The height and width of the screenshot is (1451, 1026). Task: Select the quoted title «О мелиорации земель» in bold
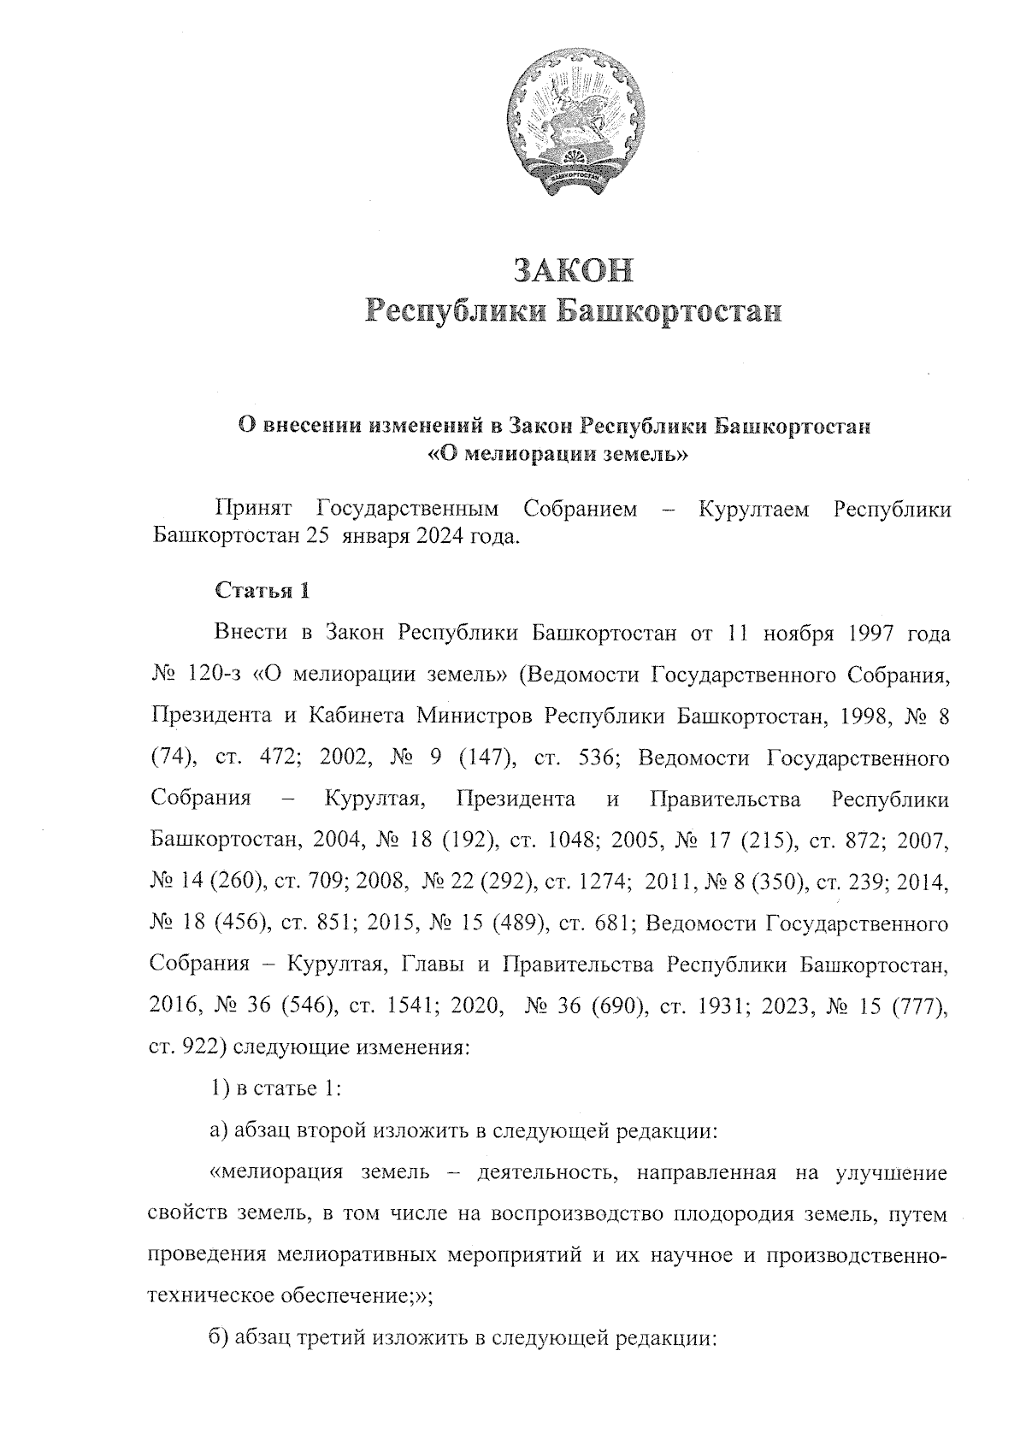point(557,455)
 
